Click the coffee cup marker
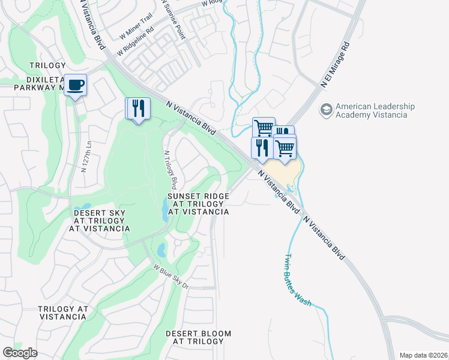[x=75, y=85]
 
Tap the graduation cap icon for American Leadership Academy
[x=326, y=110]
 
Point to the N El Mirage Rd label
[x=334, y=65]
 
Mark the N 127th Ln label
[x=84, y=157]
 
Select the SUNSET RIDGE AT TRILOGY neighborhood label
[x=198, y=204]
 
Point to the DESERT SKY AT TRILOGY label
[x=100, y=220]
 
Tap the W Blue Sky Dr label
[x=170, y=277]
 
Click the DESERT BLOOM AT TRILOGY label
[x=198, y=337]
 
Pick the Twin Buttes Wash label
[x=297, y=280]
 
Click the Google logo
[x=20, y=353]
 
